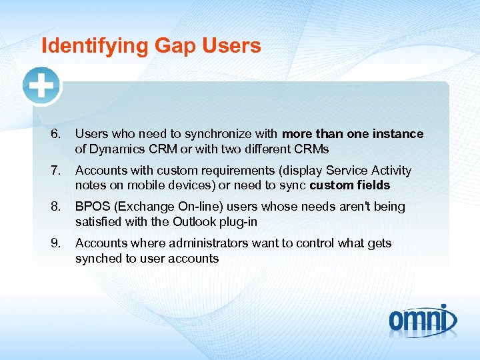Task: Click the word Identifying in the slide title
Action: coord(94,46)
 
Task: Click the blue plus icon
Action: coord(41,86)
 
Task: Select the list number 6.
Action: coord(55,134)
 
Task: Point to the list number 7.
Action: coord(55,171)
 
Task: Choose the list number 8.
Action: coord(55,207)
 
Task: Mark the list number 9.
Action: coord(55,243)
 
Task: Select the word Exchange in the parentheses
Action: coord(143,207)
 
